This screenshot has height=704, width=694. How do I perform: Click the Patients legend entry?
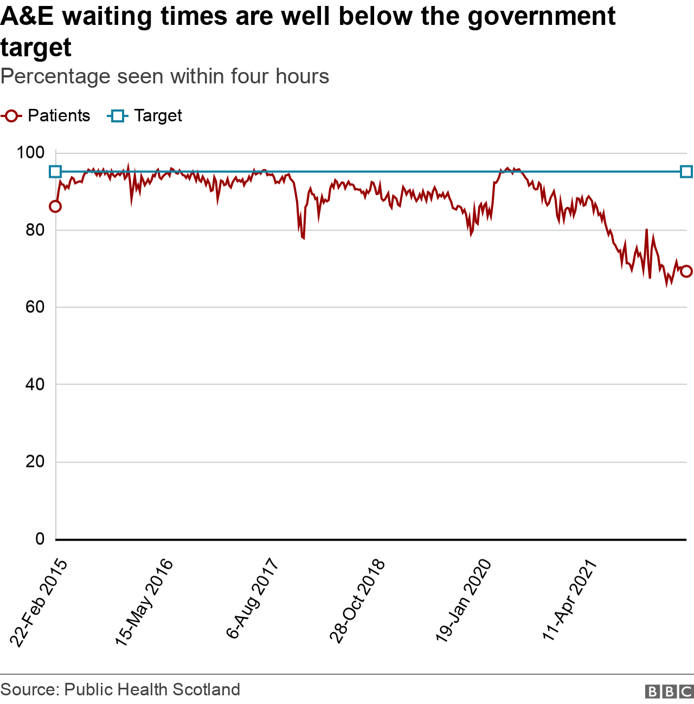(46, 116)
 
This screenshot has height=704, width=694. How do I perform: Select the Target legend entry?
(145, 116)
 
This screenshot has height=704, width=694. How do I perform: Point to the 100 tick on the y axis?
(30, 153)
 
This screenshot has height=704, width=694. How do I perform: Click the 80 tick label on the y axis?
(34, 230)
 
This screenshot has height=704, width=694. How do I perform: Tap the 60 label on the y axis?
(34, 307)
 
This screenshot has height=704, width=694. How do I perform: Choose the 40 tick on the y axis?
(34, 384)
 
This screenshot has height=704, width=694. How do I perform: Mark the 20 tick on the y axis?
(34, 462)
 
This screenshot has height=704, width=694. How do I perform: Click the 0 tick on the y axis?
(40, 539)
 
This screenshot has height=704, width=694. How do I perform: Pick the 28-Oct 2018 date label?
(358, 601)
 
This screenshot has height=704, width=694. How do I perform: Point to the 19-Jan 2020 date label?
(464, 601)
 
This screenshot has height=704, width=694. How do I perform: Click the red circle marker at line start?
(55, 206)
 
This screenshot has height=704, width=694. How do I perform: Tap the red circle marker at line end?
(686, 271)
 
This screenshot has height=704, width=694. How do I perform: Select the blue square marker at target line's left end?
(55, 172)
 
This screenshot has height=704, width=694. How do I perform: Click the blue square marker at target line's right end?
(686, 172)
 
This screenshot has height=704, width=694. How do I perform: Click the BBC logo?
(669, 692)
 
